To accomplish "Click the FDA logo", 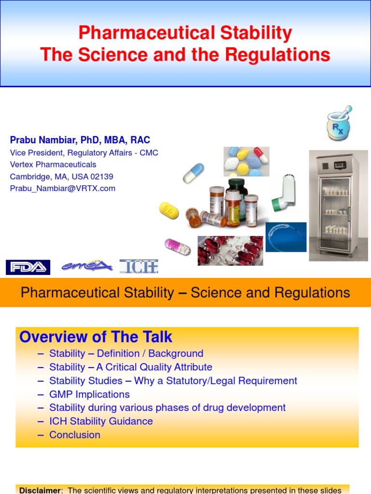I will pos(28,267).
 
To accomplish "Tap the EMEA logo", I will pos(87,266).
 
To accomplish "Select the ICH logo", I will pos(139,266).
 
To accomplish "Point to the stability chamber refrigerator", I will pos(338,205).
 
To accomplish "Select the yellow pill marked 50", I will pos(169,210).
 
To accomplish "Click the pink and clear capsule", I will pos(177,247).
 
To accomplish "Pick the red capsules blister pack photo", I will pos(230,250).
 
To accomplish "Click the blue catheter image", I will pos(286,237).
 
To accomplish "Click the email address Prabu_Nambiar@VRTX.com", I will pos(63,189).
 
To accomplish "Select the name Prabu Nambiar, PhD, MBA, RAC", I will pos(80,140).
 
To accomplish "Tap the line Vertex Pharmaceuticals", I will pos(53,165).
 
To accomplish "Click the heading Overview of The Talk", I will pos(96,337).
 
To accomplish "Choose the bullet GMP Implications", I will pos(89,394).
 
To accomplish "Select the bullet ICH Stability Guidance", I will pos(101,421).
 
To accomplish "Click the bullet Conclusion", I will pos(75,435).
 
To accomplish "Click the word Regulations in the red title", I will pos(280,55).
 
